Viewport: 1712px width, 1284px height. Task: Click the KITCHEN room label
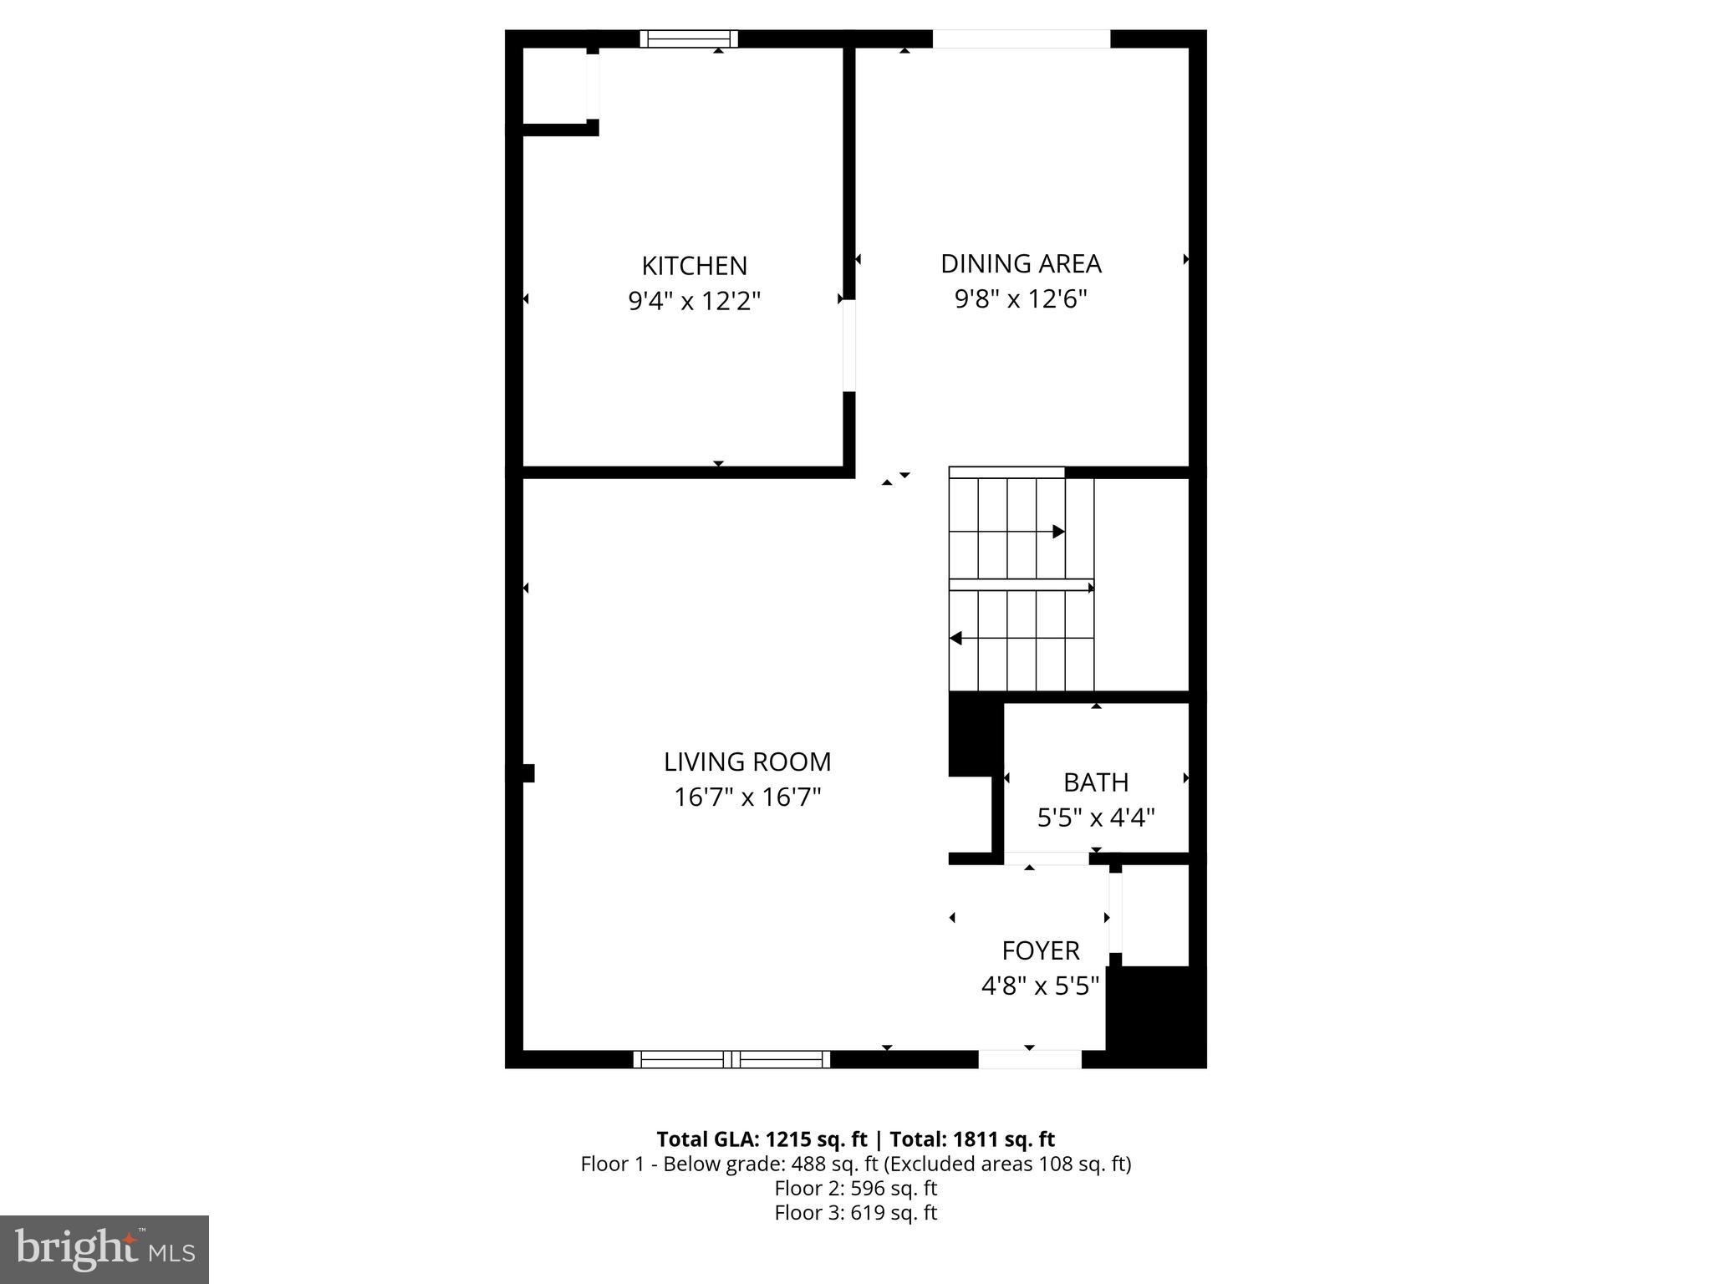[694, 266]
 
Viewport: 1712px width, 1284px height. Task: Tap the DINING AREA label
[1021, 264]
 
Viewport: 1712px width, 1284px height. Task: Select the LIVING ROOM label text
[747, 762]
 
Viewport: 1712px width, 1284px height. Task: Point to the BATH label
[1096, 782]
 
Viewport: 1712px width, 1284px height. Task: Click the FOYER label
[1041, 950]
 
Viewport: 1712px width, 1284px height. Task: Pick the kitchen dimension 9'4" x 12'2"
[694, 301]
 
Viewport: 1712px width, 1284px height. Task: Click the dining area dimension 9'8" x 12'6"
[1021, 299]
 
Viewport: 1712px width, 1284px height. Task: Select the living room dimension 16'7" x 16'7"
[747, 797]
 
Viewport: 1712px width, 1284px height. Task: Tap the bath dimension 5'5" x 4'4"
[1096, 818]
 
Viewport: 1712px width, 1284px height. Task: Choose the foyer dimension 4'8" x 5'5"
[1041, 986]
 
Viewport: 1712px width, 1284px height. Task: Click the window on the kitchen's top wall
[689, 38]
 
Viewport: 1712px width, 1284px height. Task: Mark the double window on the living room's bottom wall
[731, 1059]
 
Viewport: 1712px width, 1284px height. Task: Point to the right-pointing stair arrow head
[1059, 532]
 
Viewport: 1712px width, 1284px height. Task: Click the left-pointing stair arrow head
[956, 639]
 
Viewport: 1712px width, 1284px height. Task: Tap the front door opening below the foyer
[1030, 1059]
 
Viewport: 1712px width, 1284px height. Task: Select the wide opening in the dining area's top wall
[1021, 38]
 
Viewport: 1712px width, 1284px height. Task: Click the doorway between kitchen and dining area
[849, 345]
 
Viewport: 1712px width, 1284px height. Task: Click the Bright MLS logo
[104, 1249]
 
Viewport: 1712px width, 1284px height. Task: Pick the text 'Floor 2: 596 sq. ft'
[855, 1188]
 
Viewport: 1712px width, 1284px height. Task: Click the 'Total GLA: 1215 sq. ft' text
[762, 1139]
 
